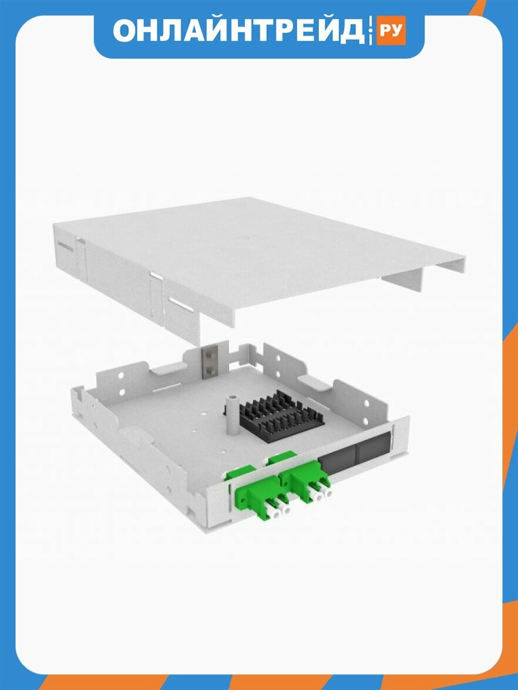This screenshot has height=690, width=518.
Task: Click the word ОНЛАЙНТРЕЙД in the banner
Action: tap(238, 30)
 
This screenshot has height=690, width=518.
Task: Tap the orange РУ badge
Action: tap(391, 31)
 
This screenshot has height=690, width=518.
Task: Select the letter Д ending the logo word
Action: tap(352, 31)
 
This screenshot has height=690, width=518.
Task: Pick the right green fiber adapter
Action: tap(304, 478)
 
